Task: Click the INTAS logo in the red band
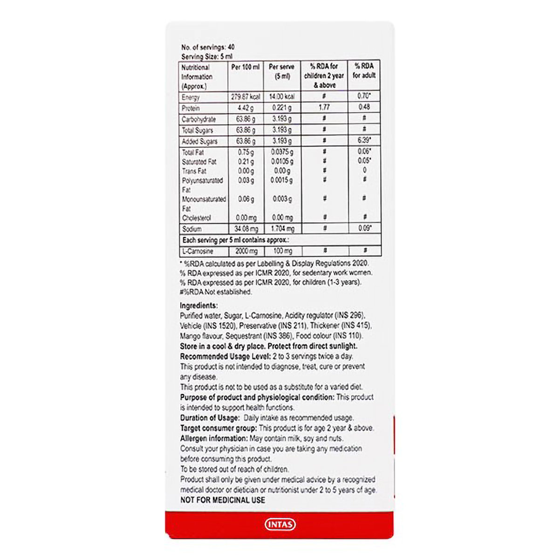pos(280,525)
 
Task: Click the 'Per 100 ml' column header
pos(245,67)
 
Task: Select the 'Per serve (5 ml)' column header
pos(281,71)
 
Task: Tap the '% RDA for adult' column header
pos(364,70)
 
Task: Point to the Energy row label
pos(191,97)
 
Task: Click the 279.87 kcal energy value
pos(245,97)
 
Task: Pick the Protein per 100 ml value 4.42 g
pos(245,108)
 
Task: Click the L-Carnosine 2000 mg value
pos(245,251)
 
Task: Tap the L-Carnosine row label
pos(198,251)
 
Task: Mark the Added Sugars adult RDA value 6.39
pos(364,141)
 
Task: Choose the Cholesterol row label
pos(197,218)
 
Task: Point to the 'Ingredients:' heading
pos(199,306)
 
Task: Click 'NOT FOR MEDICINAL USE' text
pos(223,500)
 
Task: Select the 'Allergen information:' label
pos(213,438)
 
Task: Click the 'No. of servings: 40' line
pos(207,47)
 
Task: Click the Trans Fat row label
pos(194,171)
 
